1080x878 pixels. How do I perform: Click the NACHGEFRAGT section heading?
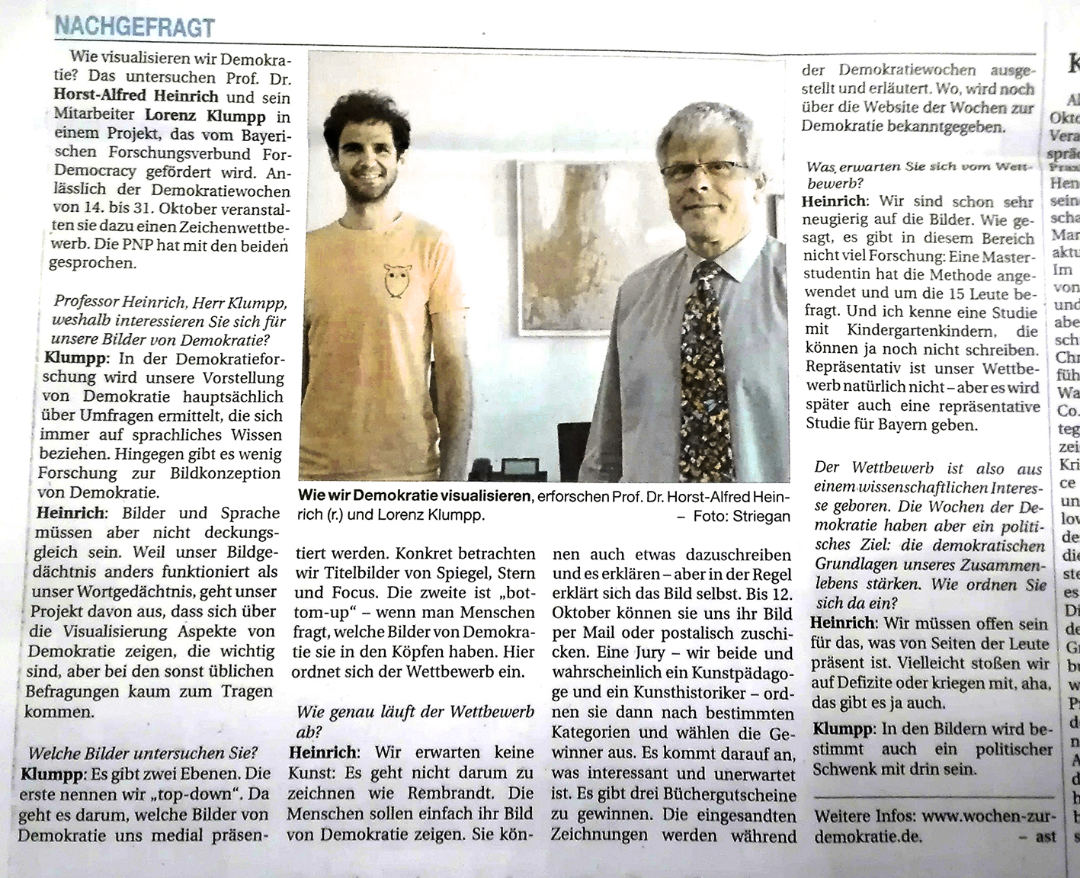coord(133,27)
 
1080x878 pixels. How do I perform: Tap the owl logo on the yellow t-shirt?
coord(394,280)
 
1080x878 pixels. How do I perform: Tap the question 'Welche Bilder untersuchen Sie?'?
coord(143,753)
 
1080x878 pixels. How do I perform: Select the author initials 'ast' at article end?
coord(1046,836)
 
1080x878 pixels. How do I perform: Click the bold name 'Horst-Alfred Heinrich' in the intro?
coord(136,97)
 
